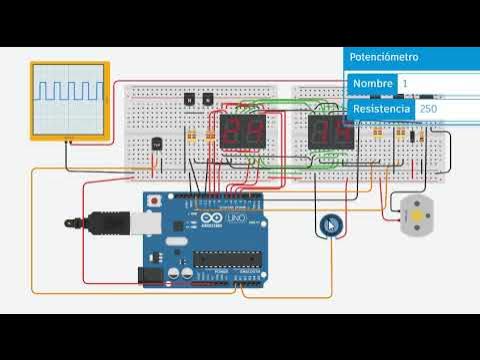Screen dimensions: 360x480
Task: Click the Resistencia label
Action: point(380,108)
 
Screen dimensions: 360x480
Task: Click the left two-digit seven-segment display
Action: point(242,132)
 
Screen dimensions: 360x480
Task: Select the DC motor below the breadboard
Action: point(411,215)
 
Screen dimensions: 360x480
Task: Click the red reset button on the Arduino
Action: point(153,201)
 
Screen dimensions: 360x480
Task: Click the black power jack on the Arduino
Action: point(150,272)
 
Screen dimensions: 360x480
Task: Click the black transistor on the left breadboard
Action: point(155,141)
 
